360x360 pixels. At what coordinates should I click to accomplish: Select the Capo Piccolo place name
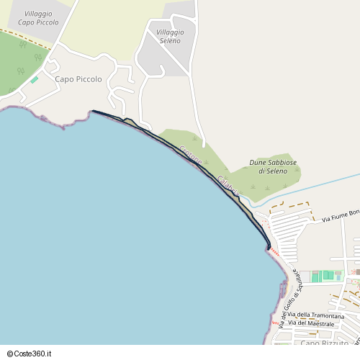coord(78,79)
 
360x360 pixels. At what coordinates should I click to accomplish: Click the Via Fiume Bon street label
coord(340,215)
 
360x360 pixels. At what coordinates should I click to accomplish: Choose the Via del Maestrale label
coord(312,324)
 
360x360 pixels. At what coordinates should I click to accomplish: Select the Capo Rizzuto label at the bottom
coord(320,343)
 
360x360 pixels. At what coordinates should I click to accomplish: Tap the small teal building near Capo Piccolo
coord(34,79)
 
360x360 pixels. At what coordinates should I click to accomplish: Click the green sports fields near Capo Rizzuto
coord(328,275)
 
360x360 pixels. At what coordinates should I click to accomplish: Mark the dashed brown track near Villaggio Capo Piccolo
coord(25,40)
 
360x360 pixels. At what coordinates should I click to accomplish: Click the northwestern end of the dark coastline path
coord(93,111)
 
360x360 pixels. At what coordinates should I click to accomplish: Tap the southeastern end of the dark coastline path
coord(269,249)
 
